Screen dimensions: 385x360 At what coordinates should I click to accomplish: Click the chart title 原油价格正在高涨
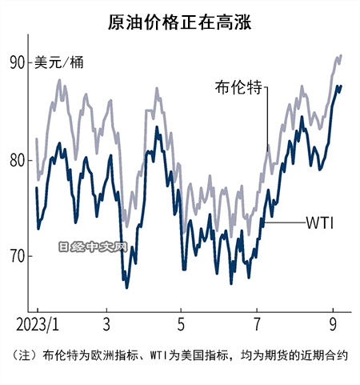tap(180, 22)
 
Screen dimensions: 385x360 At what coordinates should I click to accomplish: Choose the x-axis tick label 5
tap(181, 327)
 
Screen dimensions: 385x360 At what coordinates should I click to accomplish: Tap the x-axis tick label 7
tap(256, 327)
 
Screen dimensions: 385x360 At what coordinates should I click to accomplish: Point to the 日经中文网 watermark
tap(94, 248)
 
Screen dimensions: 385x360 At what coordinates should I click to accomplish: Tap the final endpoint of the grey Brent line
tap(342, 55)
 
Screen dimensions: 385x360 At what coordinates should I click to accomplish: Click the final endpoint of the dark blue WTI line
tap(342, 86)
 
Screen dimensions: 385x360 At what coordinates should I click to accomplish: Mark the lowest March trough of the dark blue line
tap(126, 287)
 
